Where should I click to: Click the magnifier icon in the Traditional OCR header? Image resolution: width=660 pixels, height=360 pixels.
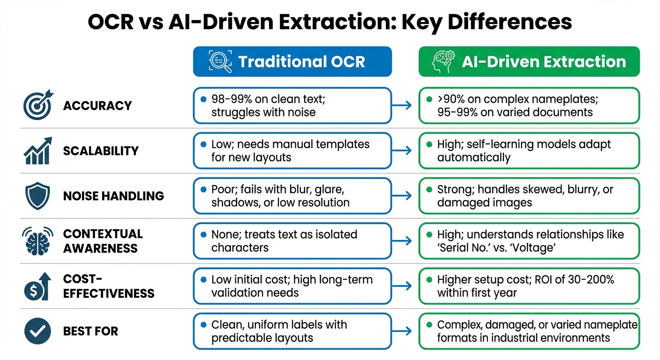coord(220,62)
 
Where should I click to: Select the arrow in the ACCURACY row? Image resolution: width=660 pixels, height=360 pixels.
coord(405,106)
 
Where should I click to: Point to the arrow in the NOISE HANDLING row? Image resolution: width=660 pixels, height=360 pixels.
coord(405,196)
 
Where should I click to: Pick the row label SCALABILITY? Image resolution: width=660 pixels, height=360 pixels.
coord(101,150)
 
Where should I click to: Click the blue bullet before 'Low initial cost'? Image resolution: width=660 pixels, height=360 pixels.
coord(203,280)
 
